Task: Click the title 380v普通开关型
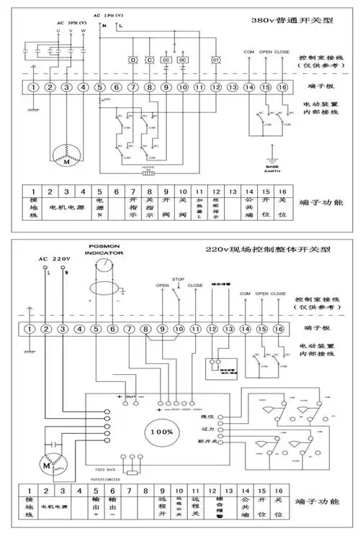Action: pyautogui.click(x=297, y=22)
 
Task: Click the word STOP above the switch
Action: pyautogui.click(x=179, y=278)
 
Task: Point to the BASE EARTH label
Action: pyautogui.click(x=272, y=166)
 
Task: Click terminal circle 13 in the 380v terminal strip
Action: pyautogui.click(x=232, y=87)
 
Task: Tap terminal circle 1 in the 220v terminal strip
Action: pyautogui.click(x=29, y=330)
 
